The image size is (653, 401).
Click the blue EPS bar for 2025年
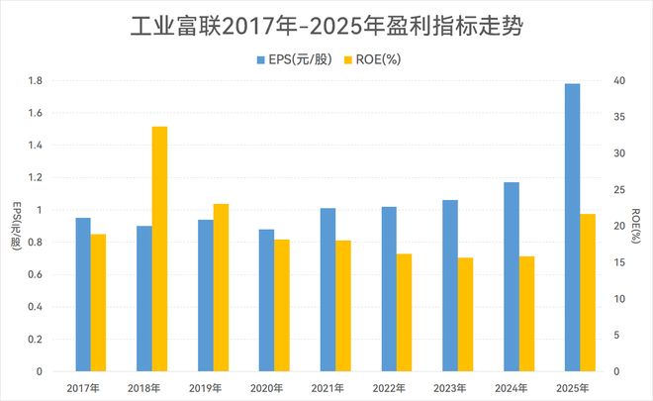572,228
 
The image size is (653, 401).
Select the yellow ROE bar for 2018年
159,249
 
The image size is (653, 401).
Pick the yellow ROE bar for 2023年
465,314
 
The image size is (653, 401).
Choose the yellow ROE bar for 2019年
221,287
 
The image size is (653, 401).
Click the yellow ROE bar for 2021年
342,306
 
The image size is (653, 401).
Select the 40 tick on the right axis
618,80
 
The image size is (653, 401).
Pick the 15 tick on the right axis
617,262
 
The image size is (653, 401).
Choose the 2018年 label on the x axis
144,387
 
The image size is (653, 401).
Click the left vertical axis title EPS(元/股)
15,225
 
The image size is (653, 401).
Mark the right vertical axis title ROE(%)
636,225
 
